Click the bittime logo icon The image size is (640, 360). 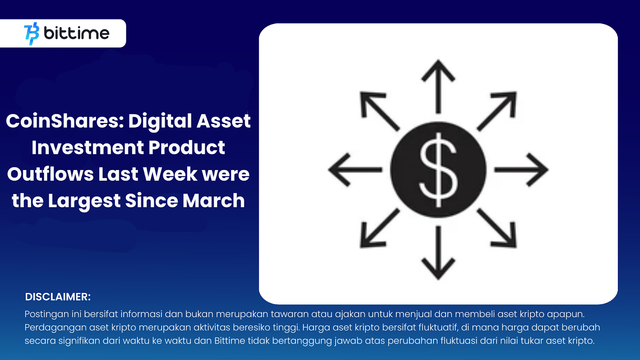click(x=32, y=33)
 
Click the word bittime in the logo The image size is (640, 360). click(x=76, y=33)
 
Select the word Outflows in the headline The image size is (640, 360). click(x=50, y=174)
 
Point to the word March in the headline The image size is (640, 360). click(x=214, y=200)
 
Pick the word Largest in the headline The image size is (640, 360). click(x=84, y=201)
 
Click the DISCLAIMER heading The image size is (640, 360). click(x=58, y=297)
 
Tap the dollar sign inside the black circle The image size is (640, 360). click(x=438, y=170)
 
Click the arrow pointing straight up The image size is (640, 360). click(x=438, y=86)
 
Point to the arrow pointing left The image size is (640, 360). click(x=354, y=170)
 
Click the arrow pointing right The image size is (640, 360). click(x=522, y=170)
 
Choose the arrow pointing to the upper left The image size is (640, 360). click(x=379, y=111)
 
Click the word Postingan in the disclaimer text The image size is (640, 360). click(x=47, y=314)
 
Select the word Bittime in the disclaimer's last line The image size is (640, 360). click(x=230, y=341)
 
